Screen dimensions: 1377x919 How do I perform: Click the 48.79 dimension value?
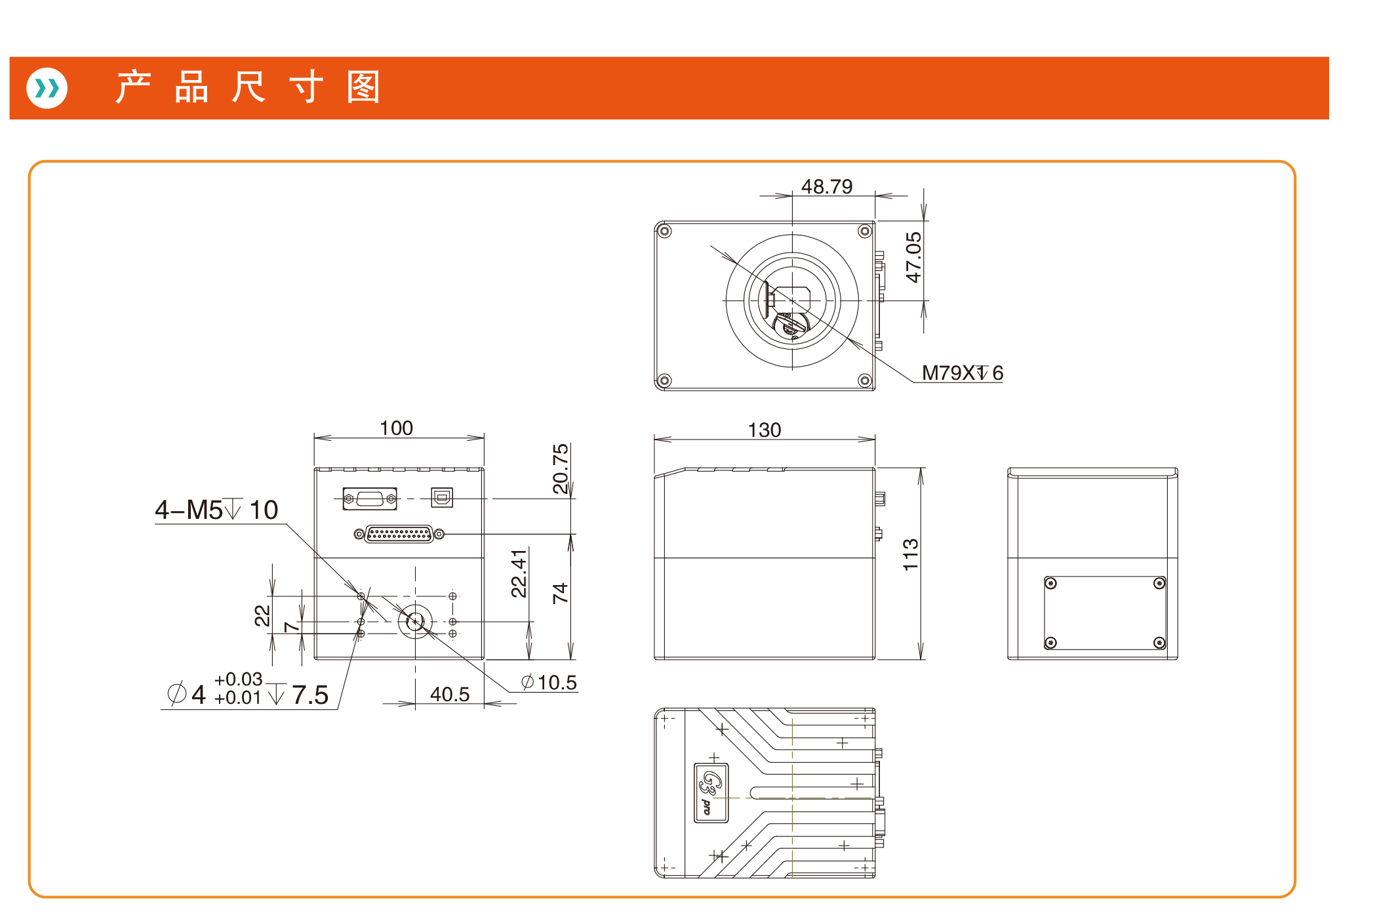click(x=827, y=187)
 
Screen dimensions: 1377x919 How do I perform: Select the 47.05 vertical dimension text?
click(x=913, y=257)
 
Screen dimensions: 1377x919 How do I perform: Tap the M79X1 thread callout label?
click(x=962, y=373)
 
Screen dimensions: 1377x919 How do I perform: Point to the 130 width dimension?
click(x=765, y=430)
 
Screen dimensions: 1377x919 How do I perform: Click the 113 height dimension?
click(x=911, y=554)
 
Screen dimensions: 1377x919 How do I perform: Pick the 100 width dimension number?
click(x=396, y=428)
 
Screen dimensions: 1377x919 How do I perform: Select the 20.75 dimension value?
click(x=561, y=468)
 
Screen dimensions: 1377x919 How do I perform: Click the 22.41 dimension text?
click(x=519, y=573)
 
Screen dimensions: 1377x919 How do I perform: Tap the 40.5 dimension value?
click(x=450, y=694)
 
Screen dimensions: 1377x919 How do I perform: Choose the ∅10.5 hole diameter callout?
click(x=549, y=682)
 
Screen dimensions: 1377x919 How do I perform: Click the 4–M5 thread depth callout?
click(x=216, y=510)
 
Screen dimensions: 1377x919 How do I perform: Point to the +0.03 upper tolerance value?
click(x=238, y=679)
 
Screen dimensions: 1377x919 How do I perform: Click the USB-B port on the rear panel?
click(x=442, y=498)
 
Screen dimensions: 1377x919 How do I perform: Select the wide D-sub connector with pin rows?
click(x=399, y=534)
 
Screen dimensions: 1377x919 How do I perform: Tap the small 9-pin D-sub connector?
click(x=370, y=499)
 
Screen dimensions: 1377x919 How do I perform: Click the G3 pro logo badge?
click(x=711, y=792)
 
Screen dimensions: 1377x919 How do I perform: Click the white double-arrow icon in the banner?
click(x=47, y=88)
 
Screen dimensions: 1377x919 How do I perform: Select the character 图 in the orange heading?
click(x=363, y=87)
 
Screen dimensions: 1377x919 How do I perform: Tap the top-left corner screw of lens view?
click(x=665, y=231)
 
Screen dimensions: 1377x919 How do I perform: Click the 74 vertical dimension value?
click(x=560, y=594)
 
